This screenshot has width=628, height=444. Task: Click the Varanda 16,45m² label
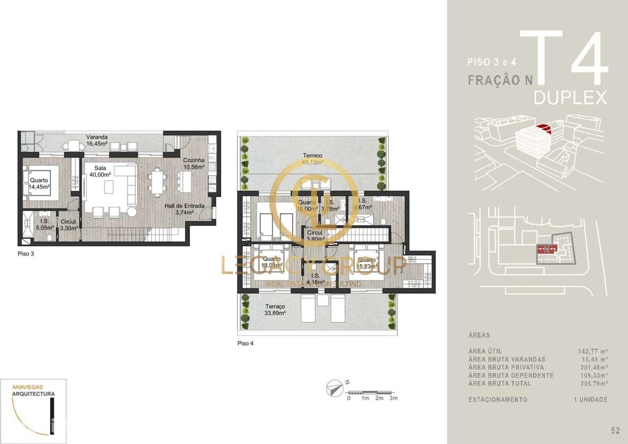click(x=97, y=140)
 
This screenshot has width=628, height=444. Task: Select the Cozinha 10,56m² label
click(x=194, y=164)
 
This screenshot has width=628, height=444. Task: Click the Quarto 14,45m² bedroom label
click(x=39, y=184)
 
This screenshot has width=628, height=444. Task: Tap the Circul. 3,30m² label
click(x=68, y=225)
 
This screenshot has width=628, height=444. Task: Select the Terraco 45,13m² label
click(x=313, y=160)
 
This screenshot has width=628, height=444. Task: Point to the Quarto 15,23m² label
click(x=367, y=263)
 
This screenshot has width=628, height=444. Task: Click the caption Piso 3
click(x=26, y=254)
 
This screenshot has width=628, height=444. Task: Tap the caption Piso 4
click(x=245, y=344)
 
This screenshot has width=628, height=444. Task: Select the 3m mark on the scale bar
click(x=393, y=398)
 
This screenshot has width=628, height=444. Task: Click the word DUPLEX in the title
click(x=570, y=98)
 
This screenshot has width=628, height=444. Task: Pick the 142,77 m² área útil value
click(x=593, y=351)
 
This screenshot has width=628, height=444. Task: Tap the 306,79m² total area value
click(x=592, y=383)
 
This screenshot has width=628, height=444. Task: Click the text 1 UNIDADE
click(x=590, y=399)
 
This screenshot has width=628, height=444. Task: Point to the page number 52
click(x=615, y=431)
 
